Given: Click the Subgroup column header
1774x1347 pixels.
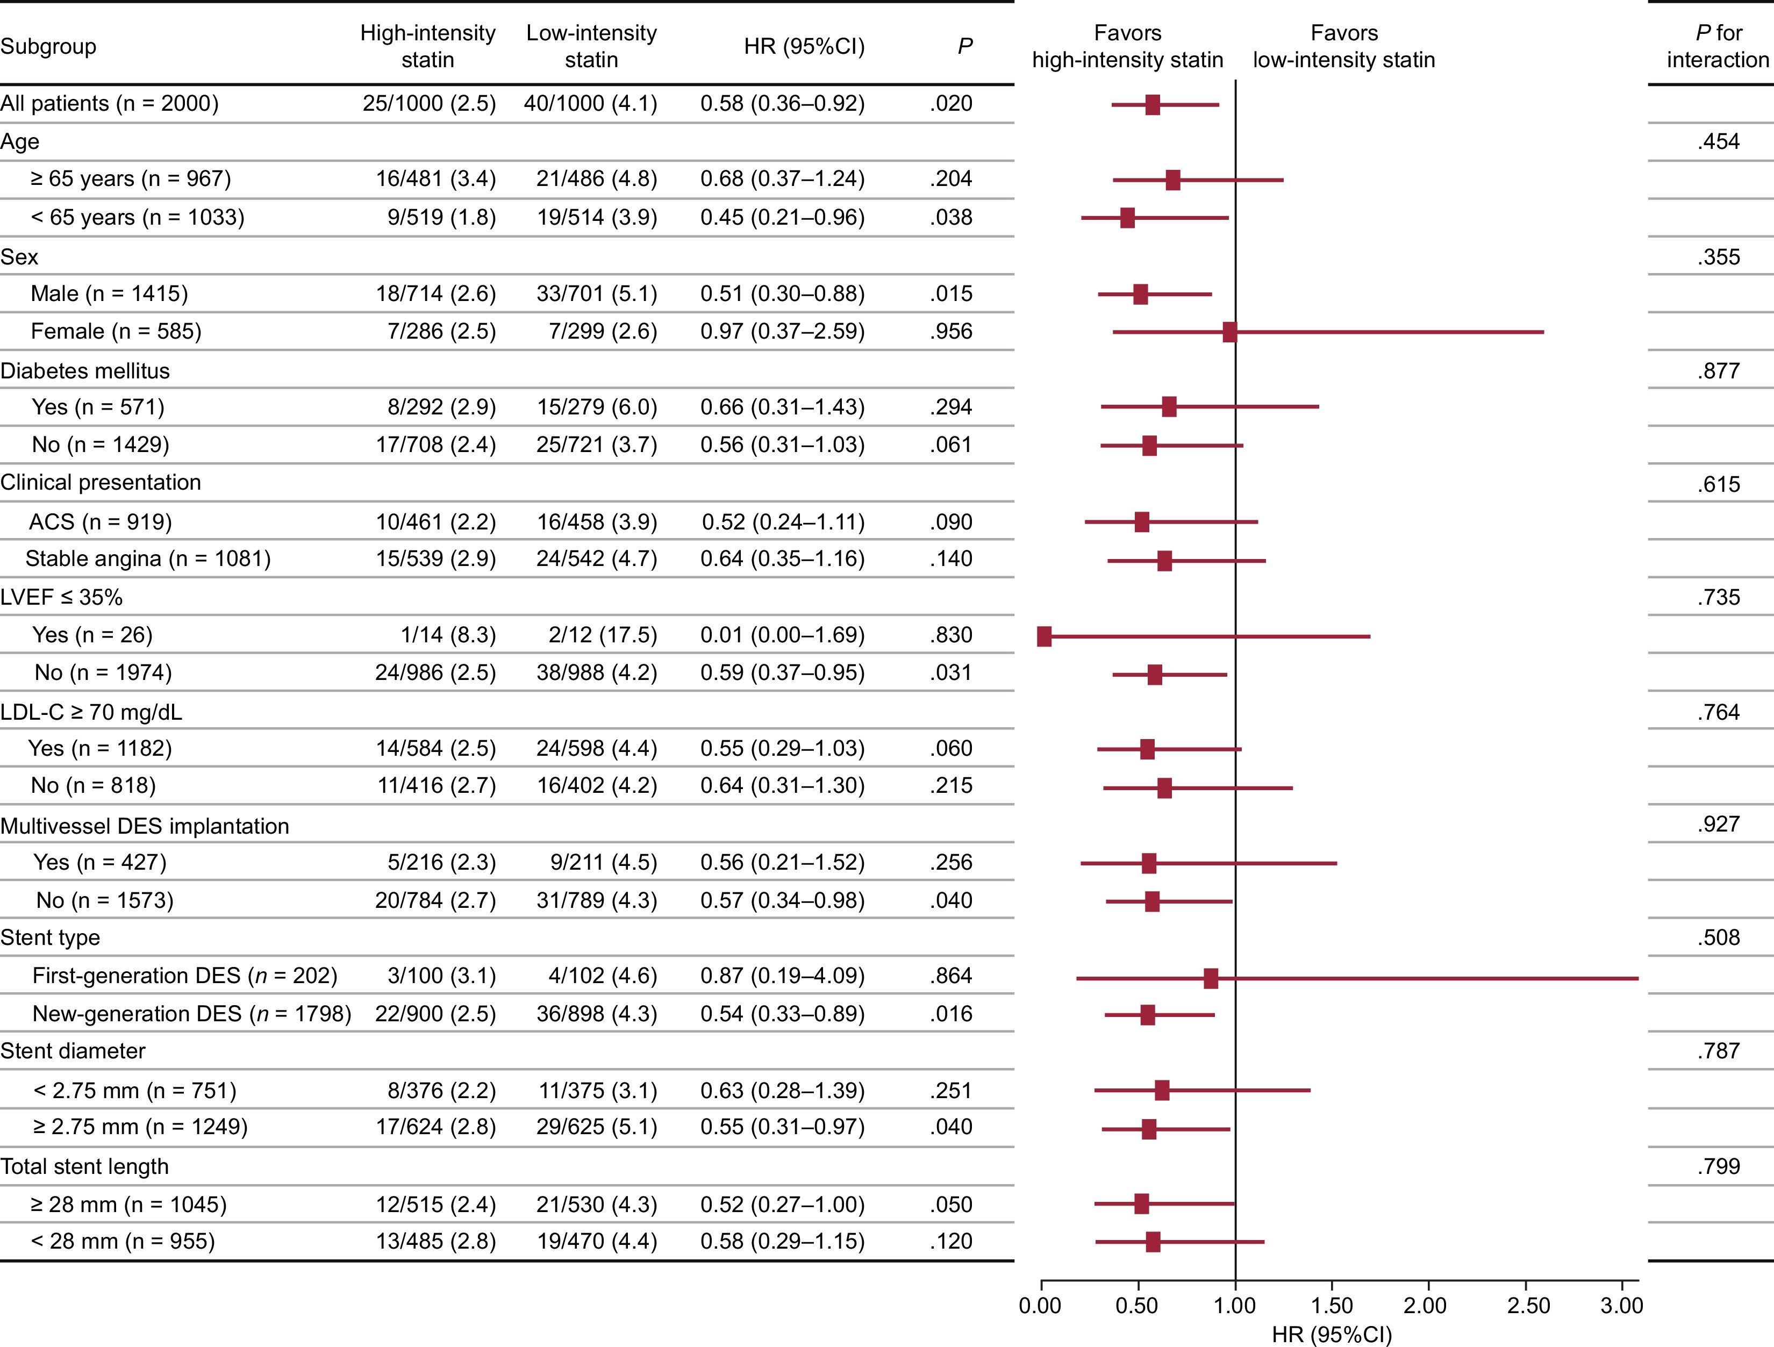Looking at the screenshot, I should (x=48, y=47).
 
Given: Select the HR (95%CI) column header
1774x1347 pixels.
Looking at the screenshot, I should (x=804, y=47).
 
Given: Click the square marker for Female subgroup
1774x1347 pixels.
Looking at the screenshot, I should (x=1229, y=332).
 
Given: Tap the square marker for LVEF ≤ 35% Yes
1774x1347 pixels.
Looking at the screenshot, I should (x=1044, y=636).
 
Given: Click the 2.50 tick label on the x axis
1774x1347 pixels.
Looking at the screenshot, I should (x=1528, y=1305).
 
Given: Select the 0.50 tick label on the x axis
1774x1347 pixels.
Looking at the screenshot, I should (x=1136, y=1305).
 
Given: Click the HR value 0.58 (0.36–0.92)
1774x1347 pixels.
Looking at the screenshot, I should (x=782, y=103).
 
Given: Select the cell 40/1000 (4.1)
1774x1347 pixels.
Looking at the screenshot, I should (x=591, y=103).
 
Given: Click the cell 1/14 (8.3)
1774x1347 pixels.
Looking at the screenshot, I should (x=448, y=635).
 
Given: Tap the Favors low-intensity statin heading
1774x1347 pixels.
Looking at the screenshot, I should (x=1344, y=47).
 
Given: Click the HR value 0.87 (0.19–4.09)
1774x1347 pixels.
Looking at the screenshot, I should (x=782, y=976).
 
